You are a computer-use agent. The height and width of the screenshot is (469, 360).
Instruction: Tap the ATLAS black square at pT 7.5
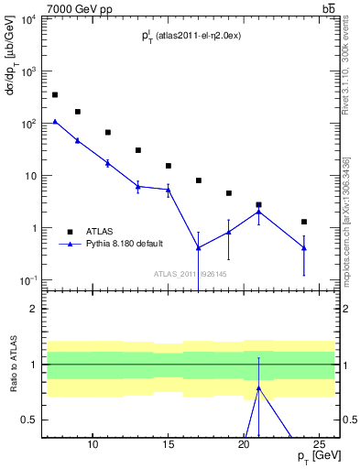click(55, 94)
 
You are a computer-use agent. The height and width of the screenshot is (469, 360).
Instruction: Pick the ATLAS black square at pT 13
click(138, 150)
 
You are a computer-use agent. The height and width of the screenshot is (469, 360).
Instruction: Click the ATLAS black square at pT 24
click(304, 222)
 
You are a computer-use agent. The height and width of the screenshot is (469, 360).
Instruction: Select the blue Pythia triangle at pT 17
click(199, 247)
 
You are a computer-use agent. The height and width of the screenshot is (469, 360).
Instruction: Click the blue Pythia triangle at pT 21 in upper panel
click(259, 212)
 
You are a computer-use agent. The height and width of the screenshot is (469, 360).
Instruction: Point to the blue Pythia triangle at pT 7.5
click(55, 121)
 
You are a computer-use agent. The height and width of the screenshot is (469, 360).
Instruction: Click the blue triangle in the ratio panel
click(259, 387)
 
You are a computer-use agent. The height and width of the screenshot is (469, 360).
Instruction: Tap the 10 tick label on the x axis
click(93, 445)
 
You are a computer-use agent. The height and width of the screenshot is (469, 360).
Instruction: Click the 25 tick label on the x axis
click(320, 445)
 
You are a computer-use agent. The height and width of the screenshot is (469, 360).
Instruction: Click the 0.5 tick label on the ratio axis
click(28, 420)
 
